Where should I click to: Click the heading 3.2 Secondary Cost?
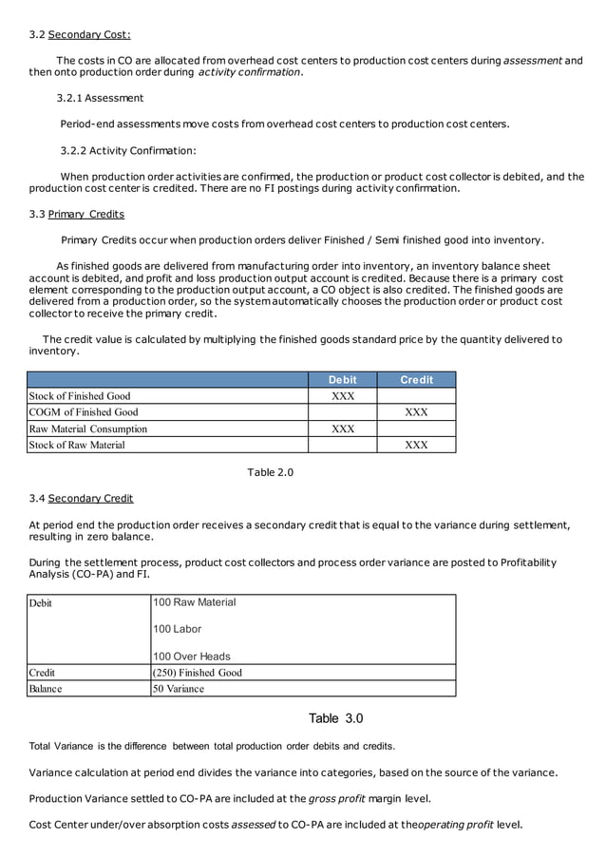tap(80, 35)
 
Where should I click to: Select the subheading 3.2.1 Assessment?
tap(100, 98)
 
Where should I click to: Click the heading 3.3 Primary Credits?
tap(76, 214)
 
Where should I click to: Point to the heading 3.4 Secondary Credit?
tap(81, 498)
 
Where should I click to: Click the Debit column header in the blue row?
tap(342, 380)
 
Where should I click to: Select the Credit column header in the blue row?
tap(416, 380)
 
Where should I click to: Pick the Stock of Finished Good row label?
tap(80, 396)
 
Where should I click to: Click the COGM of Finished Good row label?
tap(84, 412)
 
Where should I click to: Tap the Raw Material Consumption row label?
tap(88, 428)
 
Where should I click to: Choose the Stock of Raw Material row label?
tap(77, 445)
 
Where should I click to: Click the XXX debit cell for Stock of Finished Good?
tap(342, 396)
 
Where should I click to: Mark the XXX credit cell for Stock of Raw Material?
tap(416, 445)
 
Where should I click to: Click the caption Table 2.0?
tap(271, 472)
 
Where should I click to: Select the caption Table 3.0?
tap(335, 718)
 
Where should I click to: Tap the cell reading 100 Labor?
tap(177, 629)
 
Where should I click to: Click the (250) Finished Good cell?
tap(198, 673)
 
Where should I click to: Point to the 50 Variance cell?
tap(179, 689)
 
